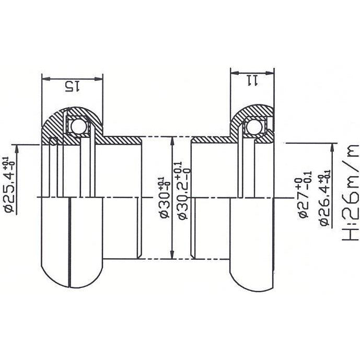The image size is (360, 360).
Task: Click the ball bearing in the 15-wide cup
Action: [x=76, y=126]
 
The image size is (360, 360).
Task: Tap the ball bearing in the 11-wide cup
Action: [x=254, y=126]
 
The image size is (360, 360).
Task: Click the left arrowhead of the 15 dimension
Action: [x=45, y=79]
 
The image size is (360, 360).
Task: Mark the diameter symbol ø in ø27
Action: [x=303, y=214]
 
